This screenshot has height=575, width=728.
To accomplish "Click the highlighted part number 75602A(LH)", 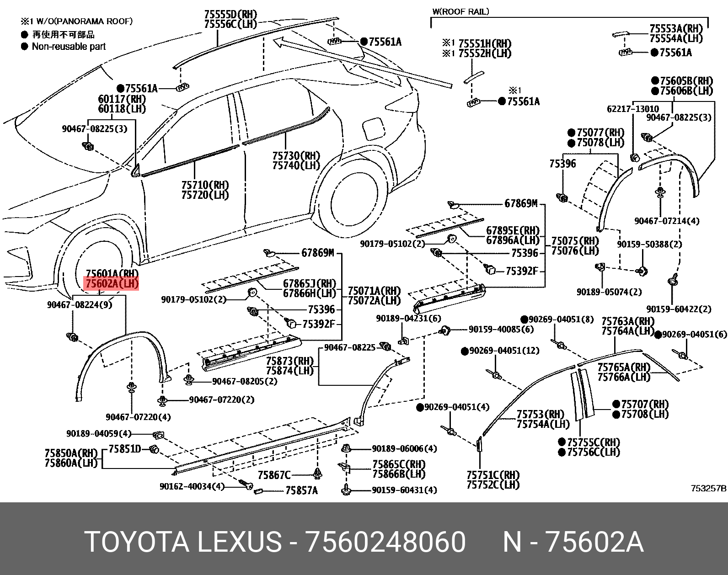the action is (112, 284).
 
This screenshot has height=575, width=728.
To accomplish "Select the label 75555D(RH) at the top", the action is (230, 15).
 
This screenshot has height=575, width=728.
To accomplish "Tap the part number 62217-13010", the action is (632, 109).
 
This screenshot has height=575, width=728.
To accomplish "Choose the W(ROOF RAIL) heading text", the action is (460, 11).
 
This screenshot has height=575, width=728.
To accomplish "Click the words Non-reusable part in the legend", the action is (69, 46).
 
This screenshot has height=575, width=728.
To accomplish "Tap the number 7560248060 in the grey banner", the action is (386, 543).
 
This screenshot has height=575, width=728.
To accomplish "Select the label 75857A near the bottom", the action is (301, 490).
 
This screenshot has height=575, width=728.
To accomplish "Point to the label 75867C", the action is (274, 475).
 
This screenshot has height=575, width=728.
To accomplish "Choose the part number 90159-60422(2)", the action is (679, 309).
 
